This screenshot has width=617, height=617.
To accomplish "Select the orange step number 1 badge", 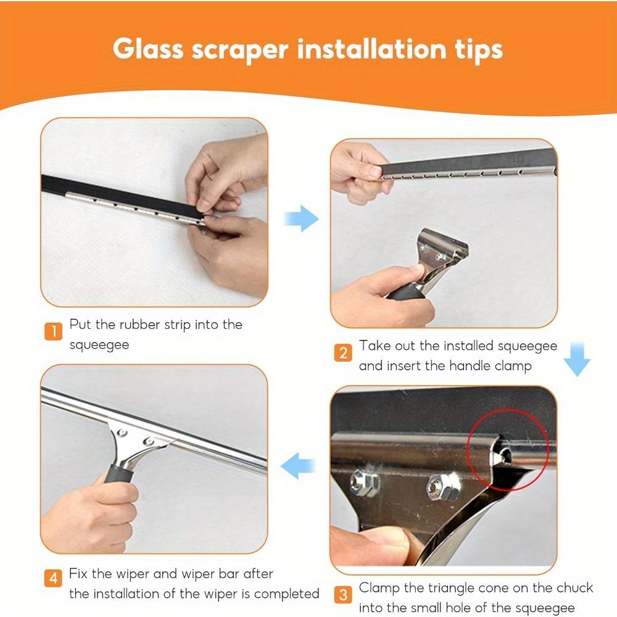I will click(54, 331).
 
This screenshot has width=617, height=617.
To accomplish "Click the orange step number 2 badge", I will click(343, 353).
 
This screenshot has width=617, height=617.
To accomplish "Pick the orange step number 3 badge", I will click(343, 595).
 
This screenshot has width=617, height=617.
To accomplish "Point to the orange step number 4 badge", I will click(54, 579).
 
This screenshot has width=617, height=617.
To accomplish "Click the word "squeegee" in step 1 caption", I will click(99, 345).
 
